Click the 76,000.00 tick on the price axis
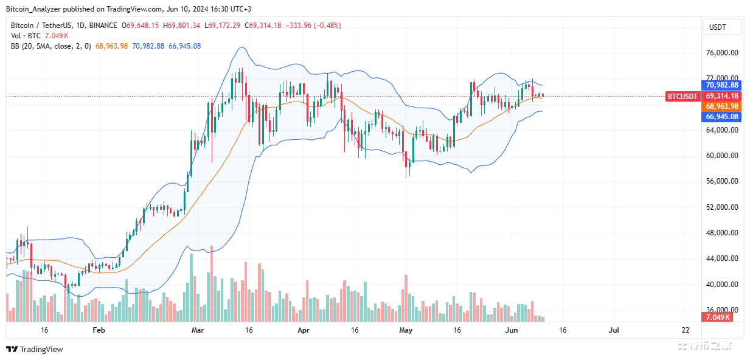[x=722, y=53]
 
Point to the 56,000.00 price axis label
[x=722, y=181]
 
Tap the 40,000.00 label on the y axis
[x=722, y=284]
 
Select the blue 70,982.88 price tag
[x=721, y=85]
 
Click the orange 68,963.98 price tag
[x=721, y=106]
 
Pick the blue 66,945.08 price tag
[x=721, y=117]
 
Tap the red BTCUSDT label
[x=683, y=96]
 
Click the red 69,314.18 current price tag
[x=721, y=96]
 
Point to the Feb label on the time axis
[x=99, y=330]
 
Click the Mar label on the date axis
[x=197, y=330]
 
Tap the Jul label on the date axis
[x=614, y=330]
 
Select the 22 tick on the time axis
[x=686, y=330]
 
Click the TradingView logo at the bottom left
[x=35, y=349]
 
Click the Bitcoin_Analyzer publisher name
[x=30, y=9]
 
